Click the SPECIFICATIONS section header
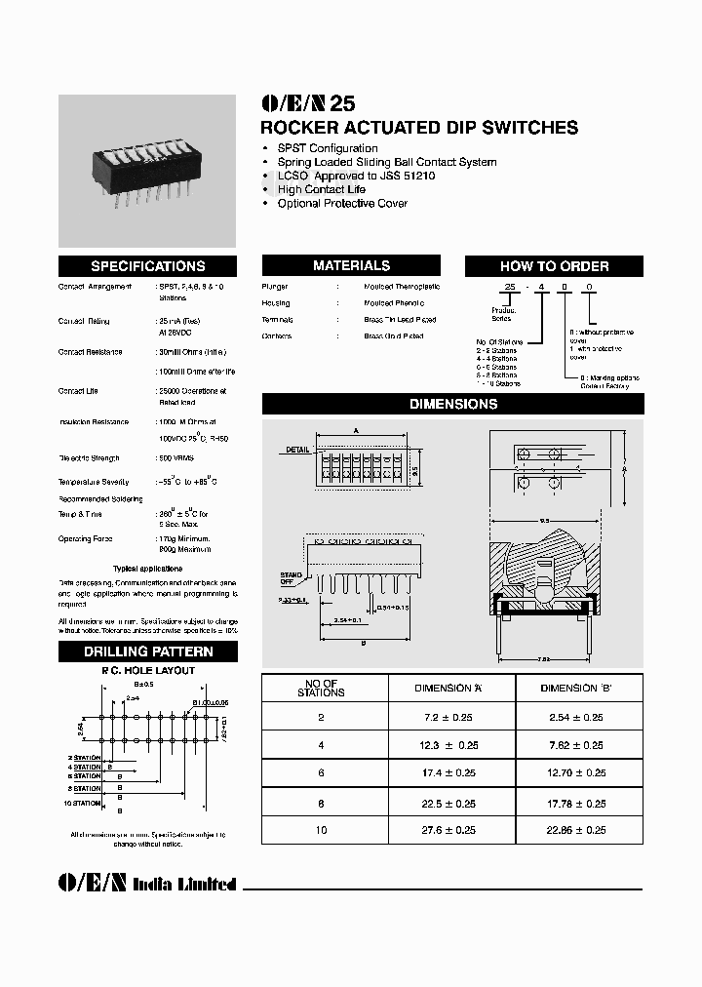pyautogui.click(x=147, y=266)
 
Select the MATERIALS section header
pyautogui.click(x=351, y=265)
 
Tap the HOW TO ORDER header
pyautogui.click(x=554, y=266)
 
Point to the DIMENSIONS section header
pyautogui.click(x=452, y=404)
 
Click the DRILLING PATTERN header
pyautogui.click(x=147, y=651)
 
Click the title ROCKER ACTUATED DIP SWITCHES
pyautogui.click(x=420, y=128)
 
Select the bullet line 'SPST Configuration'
pyautogui.click(x=327, y=148)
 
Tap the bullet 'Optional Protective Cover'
pyautogui.click(x=342, y=203)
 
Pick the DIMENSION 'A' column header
pyautogui.click(x=448, y=689)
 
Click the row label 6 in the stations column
pyautogui.click(x=322, y=773)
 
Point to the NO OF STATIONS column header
pyautogui.click(x=322, y=689)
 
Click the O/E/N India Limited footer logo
pyautogui.click(x=147, y=883)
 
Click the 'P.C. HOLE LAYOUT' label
pyautogui.click(x=148, y=671)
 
